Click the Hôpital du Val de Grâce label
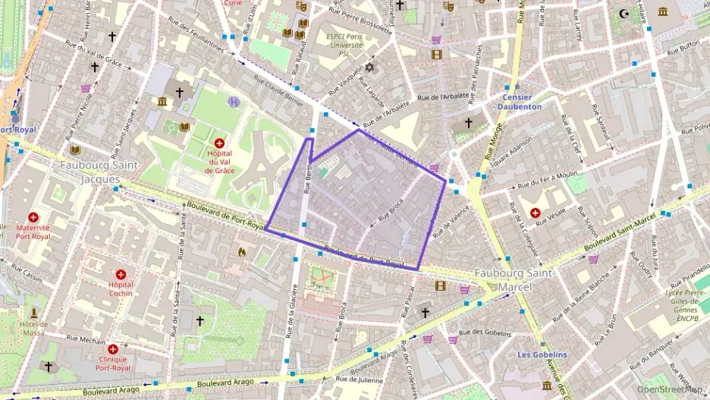click(219, 162)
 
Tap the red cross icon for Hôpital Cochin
click(121, 273)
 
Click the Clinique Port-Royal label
click(112, 364)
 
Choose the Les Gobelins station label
click(542, 354)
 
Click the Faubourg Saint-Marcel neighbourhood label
click(514, 279)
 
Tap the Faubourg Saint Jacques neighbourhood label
click(89, 171)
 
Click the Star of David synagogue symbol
click(370, 68)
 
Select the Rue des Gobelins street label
click(482, 332)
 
